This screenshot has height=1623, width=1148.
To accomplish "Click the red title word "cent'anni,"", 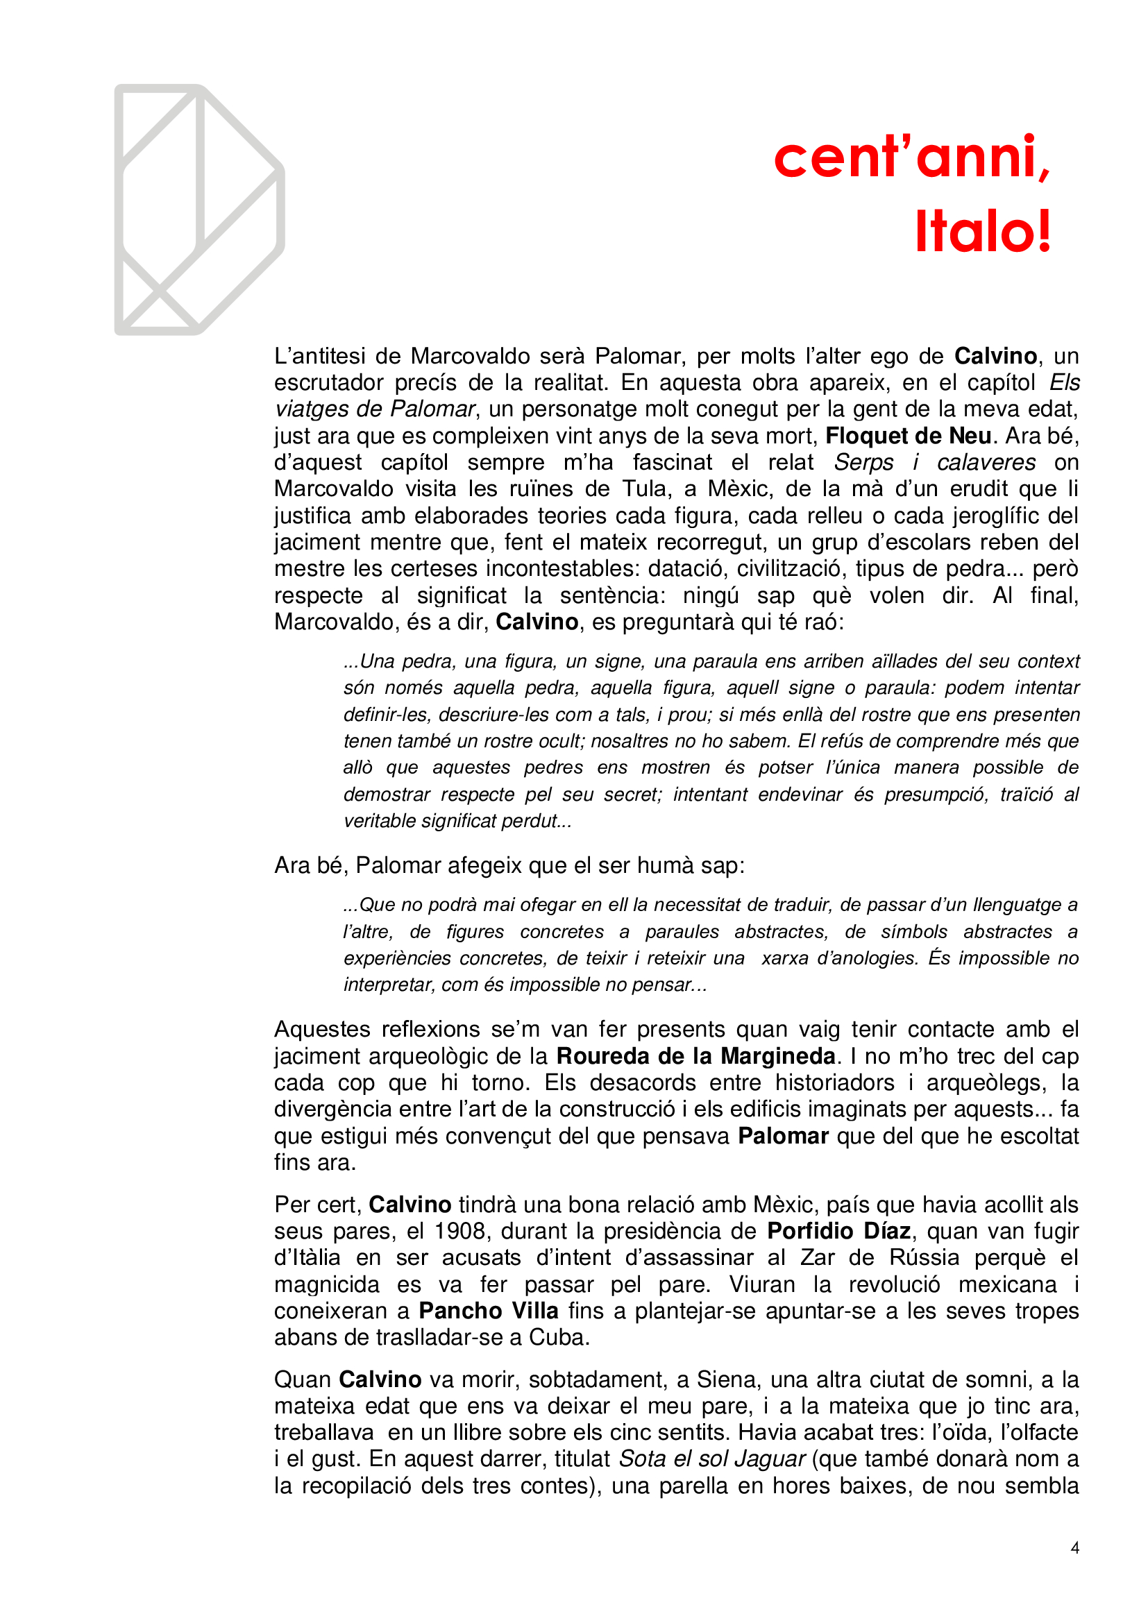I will (x=912, y=157).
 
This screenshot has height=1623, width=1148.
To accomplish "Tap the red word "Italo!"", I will (x=983, y=232).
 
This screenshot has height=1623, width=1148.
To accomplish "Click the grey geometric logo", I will (x=199, y=210).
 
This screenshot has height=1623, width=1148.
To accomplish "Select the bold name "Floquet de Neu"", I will (x=908, y=436).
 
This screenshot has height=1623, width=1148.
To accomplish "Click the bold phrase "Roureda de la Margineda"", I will (x=695, y=1056).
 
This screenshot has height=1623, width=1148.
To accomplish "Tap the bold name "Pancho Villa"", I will (x=489, y=1311).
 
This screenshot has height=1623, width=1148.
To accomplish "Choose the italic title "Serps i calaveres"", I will (x=934, y=462).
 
